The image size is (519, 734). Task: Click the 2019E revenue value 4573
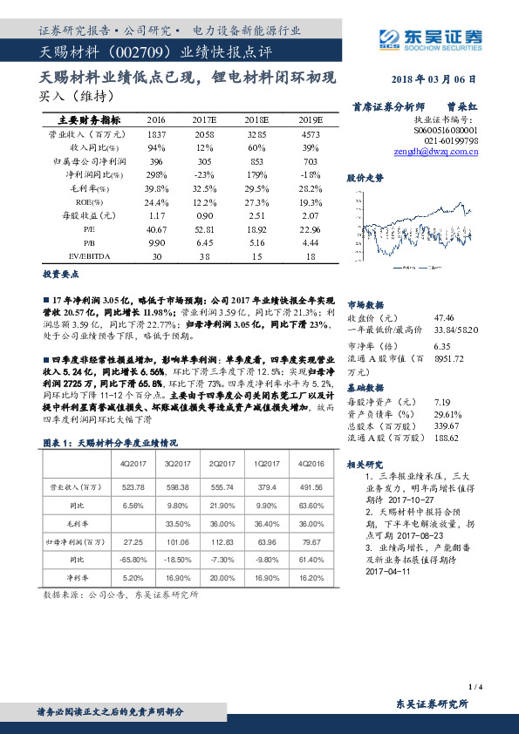coord(311,135)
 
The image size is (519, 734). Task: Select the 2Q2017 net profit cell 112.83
coord(224,541)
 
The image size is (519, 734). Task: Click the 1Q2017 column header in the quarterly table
coord(267,463)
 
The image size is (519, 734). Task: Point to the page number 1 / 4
coord(475,688)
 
